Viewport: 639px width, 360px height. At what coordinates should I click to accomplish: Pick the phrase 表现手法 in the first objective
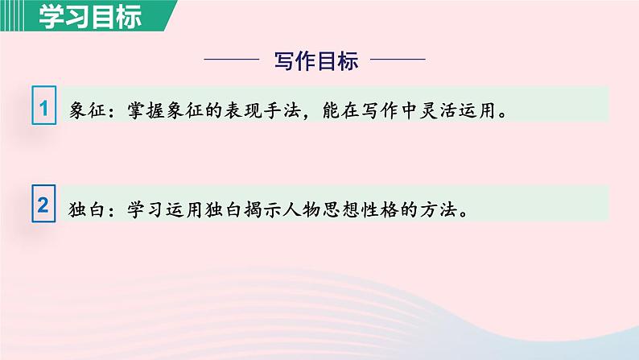266,111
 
